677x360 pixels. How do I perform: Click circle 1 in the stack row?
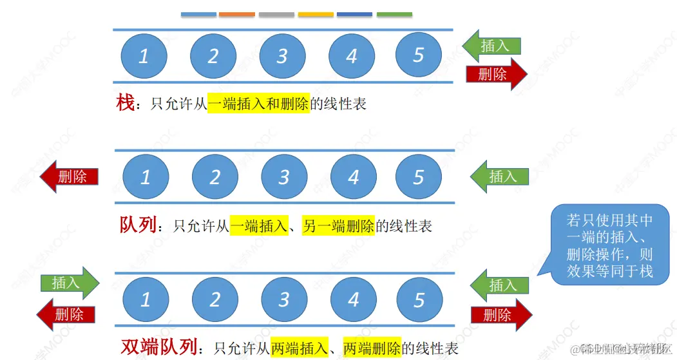tap(144, 55)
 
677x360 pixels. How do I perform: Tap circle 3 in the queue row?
tap(284, 176)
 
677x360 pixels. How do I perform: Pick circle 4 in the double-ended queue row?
tap(354, 299)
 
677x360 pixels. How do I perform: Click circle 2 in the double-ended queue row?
tap(215, 299)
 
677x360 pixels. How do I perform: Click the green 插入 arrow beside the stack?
tap(492, 45)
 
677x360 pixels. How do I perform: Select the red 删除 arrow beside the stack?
tap(496, 74)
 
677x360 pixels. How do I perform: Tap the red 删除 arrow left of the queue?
tap(69, 176)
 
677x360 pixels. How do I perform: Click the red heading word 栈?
tap(124, 103)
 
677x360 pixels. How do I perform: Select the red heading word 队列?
tap(138, 225)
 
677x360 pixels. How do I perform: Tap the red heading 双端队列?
tap(158, 348)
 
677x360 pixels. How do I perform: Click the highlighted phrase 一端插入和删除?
tap(258, 104)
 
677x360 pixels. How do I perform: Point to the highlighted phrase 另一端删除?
tap(338, 226)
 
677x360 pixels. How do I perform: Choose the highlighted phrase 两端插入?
tap(299, 348)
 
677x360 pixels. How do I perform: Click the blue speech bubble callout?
tap(609, 245)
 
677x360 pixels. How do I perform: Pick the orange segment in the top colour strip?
tap(237, 14)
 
